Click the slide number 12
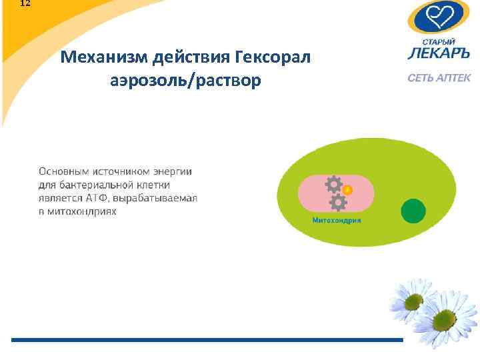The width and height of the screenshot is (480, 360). click(x=25, y=3)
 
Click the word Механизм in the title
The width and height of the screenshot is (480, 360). click(x=103, y=58)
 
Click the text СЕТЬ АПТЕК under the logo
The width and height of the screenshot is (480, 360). click(x=439, y=78)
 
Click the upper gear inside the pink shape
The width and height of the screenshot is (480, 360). click(x=333, y=184)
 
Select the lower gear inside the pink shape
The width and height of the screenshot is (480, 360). click(x=338, y=201)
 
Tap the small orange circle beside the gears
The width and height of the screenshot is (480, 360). click(x=347, y=189)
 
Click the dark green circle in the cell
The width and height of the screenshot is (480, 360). click(x=413, y=211)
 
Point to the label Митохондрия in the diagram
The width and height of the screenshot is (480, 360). click(x=337, y=220)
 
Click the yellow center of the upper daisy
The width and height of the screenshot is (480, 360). click(x=413, y=301)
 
